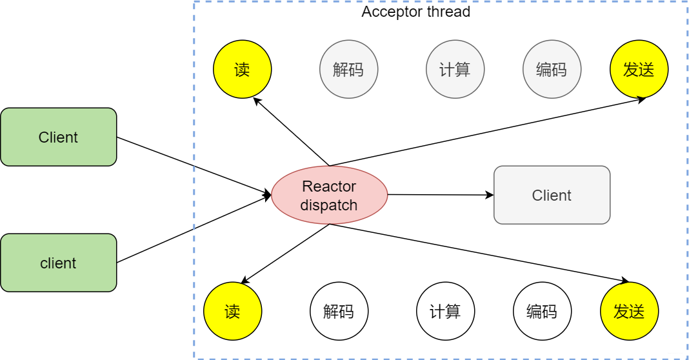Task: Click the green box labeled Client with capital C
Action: pyautogui.click(x=59, y=137)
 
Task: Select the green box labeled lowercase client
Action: pyautogui.click(x=59, y=263)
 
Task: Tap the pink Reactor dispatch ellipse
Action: pyautogui.click(x=329, y=195)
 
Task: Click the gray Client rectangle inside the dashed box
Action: pyautogui.click(x=552, y=195)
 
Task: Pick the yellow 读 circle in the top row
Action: pyautogui.click(x=242, y=70)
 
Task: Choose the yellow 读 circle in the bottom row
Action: pyautogui.click(x=232, y=312)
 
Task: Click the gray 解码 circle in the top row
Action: pyautogui.click(x=348, y=70)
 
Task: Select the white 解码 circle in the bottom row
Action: pyautogui.click(x=339, y=312)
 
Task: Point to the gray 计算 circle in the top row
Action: pyautogui.click(x=455, y=70)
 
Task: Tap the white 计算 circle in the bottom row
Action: pyautogui.click(x=445, y=312)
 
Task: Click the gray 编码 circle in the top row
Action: pyautogui.click(x=552, y=70)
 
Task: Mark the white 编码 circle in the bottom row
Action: pyautogui.click(x=542, y=312)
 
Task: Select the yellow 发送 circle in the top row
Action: pyautogui.click(x=639, y=70)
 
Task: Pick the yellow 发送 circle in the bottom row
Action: pyautogui.click(x=629, y=312)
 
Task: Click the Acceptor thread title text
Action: pyautogui.click(x=415, y=12)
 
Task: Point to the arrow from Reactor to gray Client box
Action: pyautogui.click(x=439, y=194)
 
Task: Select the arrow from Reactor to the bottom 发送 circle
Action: pyautogui.click(x=477, y=253)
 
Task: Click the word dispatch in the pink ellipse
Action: pyautogui.click(x=329, y=206)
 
